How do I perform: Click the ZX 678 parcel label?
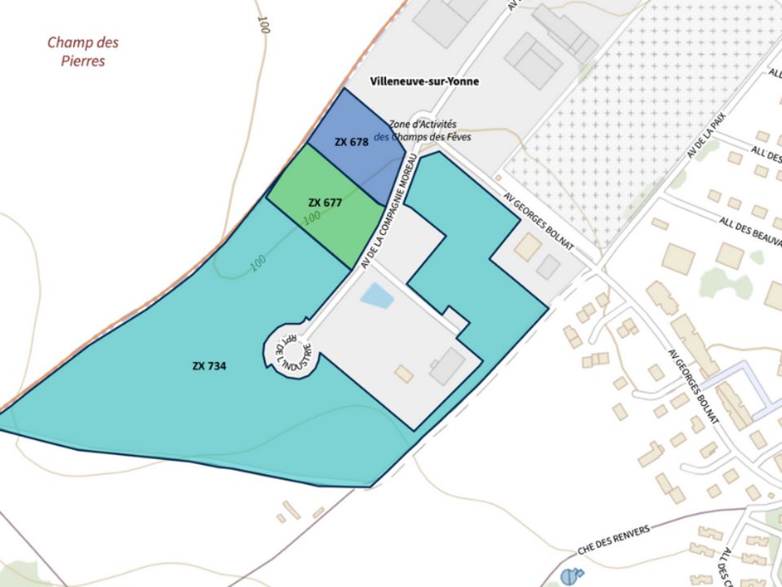(x=351, y=141)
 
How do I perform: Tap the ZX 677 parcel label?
(x=324, y=202)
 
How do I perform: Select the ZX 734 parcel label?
(x=209, y=366)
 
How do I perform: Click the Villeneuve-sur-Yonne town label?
(x=424, y=82)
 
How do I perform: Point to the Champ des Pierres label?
(x=82, y=51)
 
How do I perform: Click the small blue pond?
(x=376, y=295)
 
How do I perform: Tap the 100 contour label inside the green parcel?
(x=310, y=219)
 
